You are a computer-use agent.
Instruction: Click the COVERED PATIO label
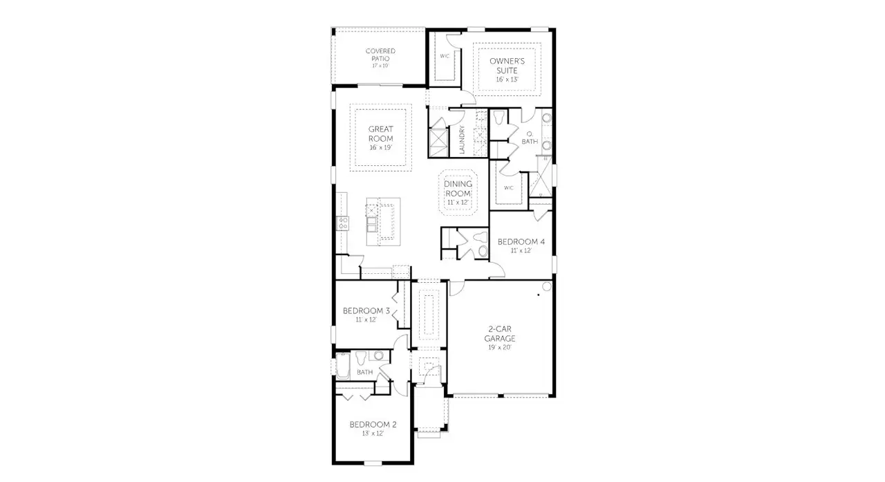(x=380, y=55)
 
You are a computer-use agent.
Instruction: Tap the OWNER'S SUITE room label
(x=507, y=66)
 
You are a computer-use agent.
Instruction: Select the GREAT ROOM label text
(x=380, y=133)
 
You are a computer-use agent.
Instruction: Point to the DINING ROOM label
(x=458, y=189)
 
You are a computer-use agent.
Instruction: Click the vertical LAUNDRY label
(x=462, y=140)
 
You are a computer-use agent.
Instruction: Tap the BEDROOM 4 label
(x=522, y=241)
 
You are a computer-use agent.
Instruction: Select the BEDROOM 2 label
(x=373, y=424)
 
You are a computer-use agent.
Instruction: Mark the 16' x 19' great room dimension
(x=380, y=148)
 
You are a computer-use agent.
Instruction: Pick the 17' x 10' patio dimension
(x=380, y=66)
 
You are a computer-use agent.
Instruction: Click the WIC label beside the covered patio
(x=445, y=56)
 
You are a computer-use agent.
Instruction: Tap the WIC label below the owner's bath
(x=509, y=187)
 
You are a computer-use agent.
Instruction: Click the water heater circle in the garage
(x=546, y=286)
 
